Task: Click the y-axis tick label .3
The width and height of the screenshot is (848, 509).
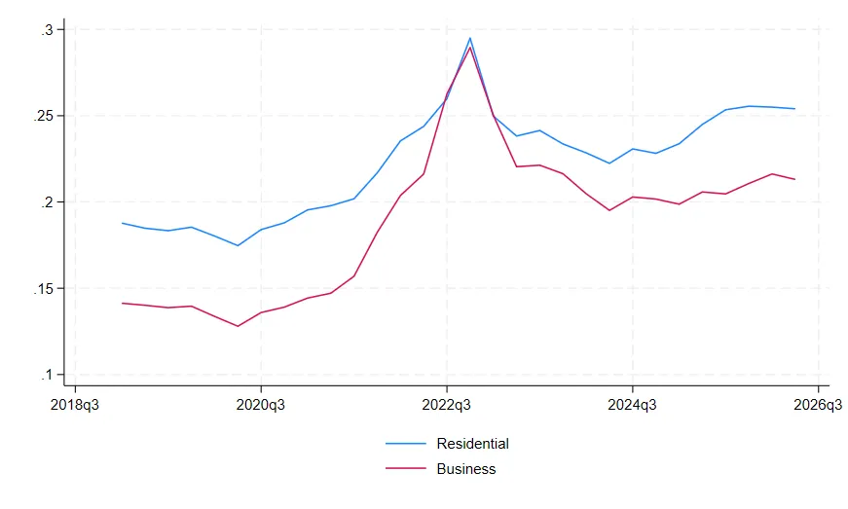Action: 47,30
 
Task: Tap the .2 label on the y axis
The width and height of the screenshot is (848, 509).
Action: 47,202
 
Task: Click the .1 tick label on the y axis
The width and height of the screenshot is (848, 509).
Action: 47,375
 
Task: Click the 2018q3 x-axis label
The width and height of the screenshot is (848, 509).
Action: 75,405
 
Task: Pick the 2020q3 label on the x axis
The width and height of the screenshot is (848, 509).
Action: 261,405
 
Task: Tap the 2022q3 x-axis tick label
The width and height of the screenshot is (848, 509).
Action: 447,405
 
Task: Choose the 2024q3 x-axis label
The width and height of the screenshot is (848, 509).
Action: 632,405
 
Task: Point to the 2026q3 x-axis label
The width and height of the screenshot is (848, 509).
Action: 818,405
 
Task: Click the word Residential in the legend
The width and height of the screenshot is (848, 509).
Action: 472,444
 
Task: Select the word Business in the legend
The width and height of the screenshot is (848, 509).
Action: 466,469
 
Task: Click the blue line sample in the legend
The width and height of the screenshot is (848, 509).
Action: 406,444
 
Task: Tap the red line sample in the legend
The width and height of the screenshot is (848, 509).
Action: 406,468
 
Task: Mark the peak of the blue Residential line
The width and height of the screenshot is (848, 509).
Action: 470,38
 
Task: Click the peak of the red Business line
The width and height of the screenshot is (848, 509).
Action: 470,48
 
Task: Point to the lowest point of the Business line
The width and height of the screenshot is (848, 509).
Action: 238,326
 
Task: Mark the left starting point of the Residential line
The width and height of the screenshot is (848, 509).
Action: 123,223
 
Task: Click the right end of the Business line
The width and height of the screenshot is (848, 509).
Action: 794,179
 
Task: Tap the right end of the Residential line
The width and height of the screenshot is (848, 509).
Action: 794,109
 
